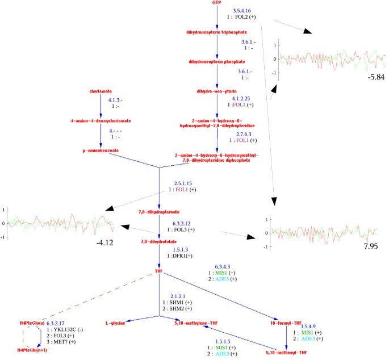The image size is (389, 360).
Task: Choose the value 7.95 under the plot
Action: coord(370,247)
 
